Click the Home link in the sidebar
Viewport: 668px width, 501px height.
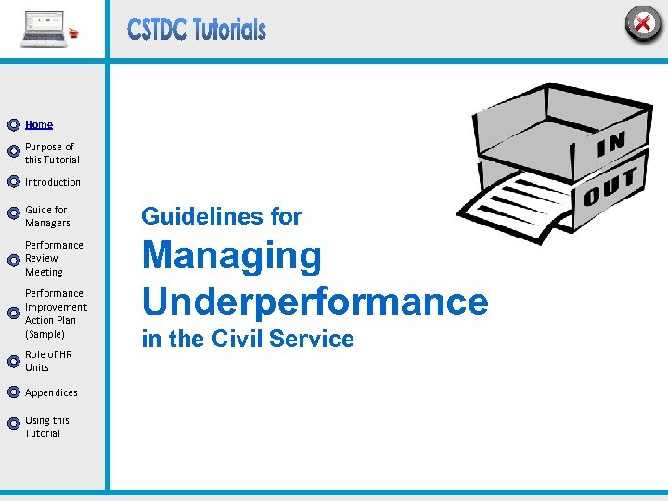pos(39,124)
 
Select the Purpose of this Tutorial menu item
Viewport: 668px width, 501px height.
pos(51,153)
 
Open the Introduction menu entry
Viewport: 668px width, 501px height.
pos(53,182)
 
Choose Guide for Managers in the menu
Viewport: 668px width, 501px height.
pos(47,216)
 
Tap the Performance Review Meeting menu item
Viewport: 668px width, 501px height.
pos(54,259)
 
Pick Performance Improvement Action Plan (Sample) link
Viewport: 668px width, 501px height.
pos(56,314)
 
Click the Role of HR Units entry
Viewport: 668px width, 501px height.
pos(48,361)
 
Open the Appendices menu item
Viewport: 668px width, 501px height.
pos(51,392)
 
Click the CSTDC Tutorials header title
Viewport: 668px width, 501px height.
pos(197,30)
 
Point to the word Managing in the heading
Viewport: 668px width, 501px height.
pos(231,257)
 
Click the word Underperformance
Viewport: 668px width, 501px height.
pos(315,301)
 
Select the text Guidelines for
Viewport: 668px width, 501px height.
pos(222,217)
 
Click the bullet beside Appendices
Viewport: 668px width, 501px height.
pos(13,392)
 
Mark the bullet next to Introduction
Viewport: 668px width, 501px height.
pos(13,182)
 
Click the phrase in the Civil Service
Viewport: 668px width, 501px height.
pos(248,340)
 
